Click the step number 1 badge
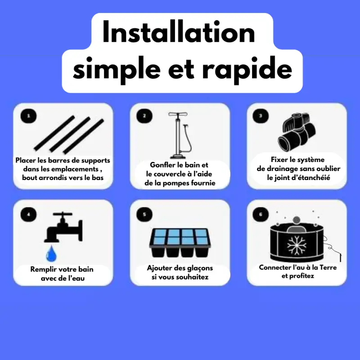pos(29,116)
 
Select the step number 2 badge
pos(144,116)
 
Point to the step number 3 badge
pos(261,116)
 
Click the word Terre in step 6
pos(326,267)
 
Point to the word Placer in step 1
pos(25,160)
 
